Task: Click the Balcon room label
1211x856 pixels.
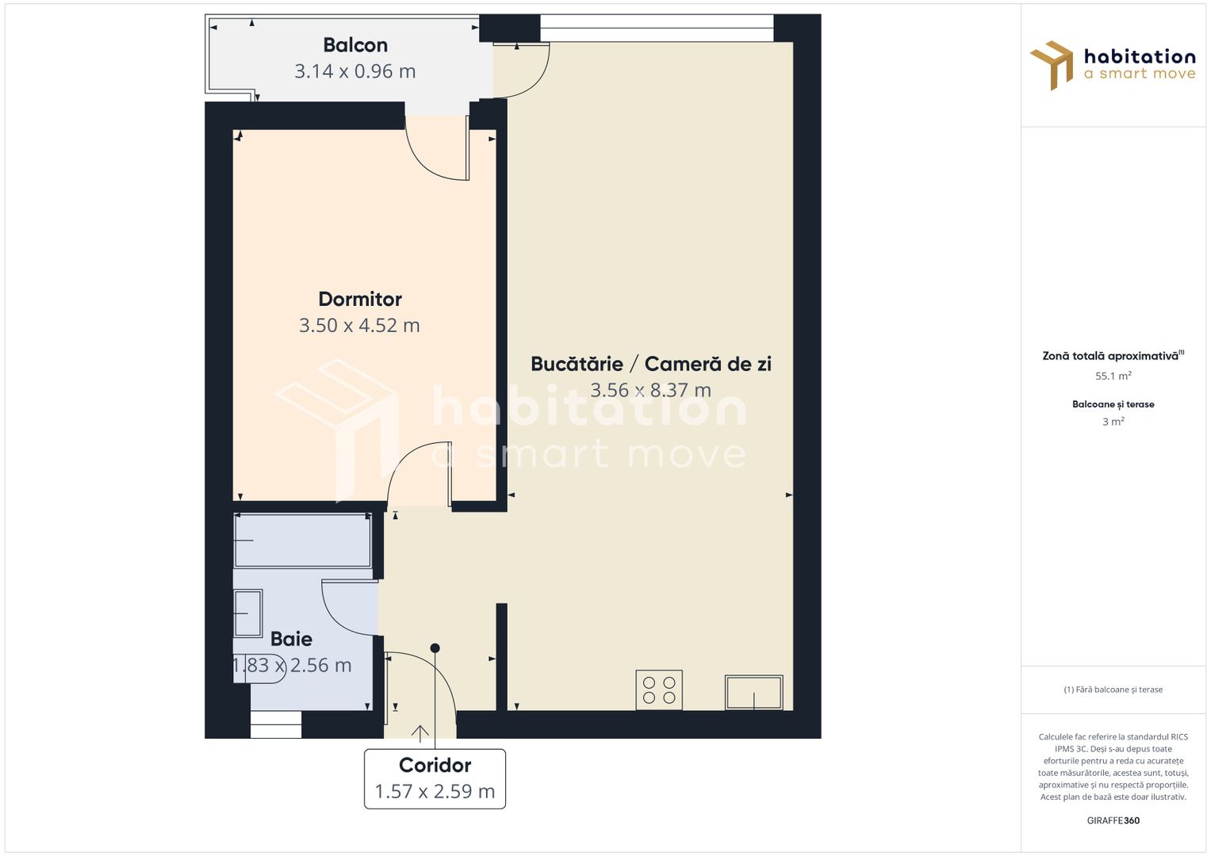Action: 355,45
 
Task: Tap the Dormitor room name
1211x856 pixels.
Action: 360,299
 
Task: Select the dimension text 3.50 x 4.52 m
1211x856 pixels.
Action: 359,325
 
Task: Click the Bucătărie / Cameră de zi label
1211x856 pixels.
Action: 651,364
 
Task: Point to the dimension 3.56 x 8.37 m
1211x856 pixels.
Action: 651,390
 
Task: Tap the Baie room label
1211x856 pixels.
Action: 291,639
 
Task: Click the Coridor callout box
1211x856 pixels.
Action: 435,778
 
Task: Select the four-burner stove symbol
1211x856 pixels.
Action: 659,690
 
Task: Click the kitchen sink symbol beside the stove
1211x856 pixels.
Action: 753,692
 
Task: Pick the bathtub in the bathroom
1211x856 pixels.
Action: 303,540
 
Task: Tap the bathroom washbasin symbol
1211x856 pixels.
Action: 248,613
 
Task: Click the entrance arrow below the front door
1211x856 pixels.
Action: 420,733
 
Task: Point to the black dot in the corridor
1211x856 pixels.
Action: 435,648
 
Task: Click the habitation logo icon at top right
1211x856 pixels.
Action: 1052,65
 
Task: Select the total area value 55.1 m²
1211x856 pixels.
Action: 1113,376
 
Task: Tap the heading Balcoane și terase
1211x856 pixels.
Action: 1113,404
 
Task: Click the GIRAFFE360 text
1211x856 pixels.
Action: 1113,820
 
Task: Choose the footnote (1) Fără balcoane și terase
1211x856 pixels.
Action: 1113,690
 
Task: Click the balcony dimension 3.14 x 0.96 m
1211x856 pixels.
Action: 355,71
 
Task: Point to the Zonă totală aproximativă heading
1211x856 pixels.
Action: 1110,356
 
